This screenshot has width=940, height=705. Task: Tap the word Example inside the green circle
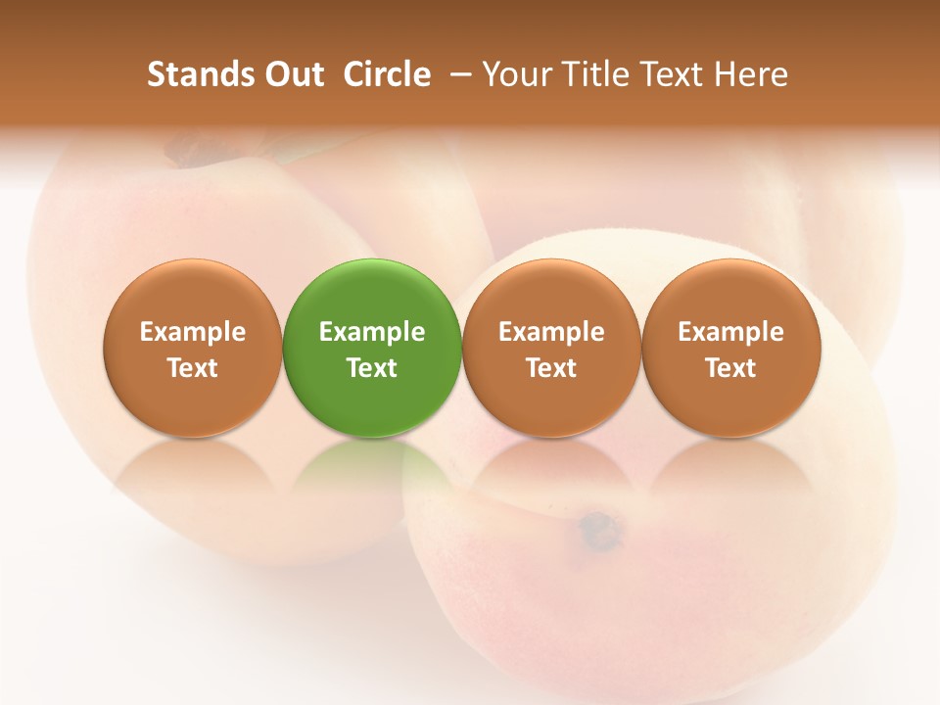coord(372,332)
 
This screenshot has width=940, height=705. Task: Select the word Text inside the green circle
coord(372,368)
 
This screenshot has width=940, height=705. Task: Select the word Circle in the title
coord(387,74)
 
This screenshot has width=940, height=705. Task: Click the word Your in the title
coord(515,74)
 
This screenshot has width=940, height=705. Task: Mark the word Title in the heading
coord(593,74)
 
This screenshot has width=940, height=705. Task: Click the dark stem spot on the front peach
coord(598,530)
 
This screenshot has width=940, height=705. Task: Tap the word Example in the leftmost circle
coord(193,332)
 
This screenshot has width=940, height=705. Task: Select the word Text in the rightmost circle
coord(730,368)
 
